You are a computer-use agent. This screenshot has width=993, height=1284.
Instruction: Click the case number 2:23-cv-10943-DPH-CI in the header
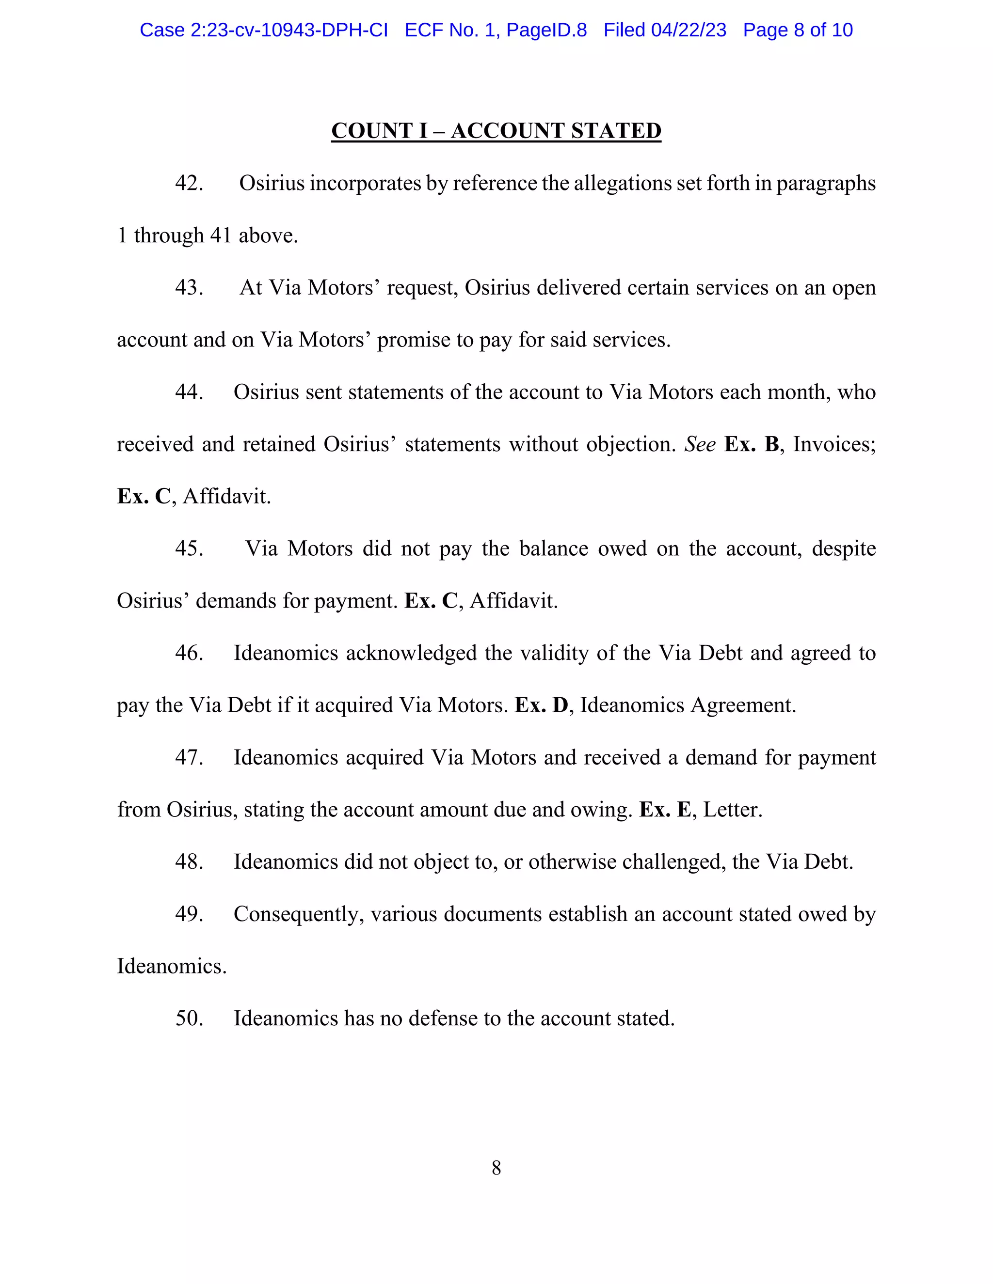289,30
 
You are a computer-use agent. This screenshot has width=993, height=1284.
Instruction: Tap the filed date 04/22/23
689,30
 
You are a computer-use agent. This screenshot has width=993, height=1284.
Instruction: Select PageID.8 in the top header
546,30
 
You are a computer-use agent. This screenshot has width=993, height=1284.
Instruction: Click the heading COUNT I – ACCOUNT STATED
496,130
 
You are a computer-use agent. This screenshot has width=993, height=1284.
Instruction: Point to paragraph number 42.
189,184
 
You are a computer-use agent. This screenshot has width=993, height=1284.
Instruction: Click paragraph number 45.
189,548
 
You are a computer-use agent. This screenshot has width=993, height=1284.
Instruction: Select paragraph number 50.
189,1018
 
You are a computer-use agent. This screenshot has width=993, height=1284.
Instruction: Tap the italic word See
700,444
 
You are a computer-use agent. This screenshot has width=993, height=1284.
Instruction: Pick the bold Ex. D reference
541,705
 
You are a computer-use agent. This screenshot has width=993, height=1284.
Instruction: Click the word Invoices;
834,444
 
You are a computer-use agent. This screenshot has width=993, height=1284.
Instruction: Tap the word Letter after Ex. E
733,810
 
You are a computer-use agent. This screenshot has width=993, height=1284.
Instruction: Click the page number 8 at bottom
496,1168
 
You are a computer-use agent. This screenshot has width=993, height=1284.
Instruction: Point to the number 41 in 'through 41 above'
221,236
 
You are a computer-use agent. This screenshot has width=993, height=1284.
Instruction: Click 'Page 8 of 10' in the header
797,30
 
